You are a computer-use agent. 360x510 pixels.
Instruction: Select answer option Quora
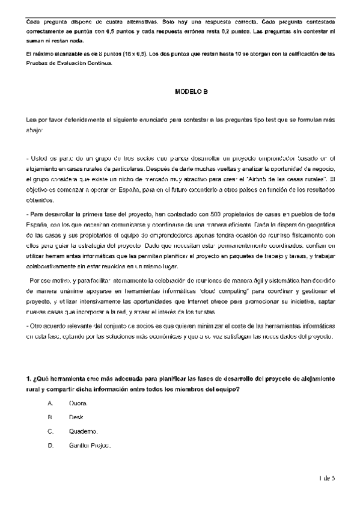click(79, 403)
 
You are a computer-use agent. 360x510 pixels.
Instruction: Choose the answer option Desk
click(76, 417)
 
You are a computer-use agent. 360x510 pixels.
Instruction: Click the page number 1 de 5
click(328, 478)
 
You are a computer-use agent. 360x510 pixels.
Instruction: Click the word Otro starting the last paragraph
click(38, 325)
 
